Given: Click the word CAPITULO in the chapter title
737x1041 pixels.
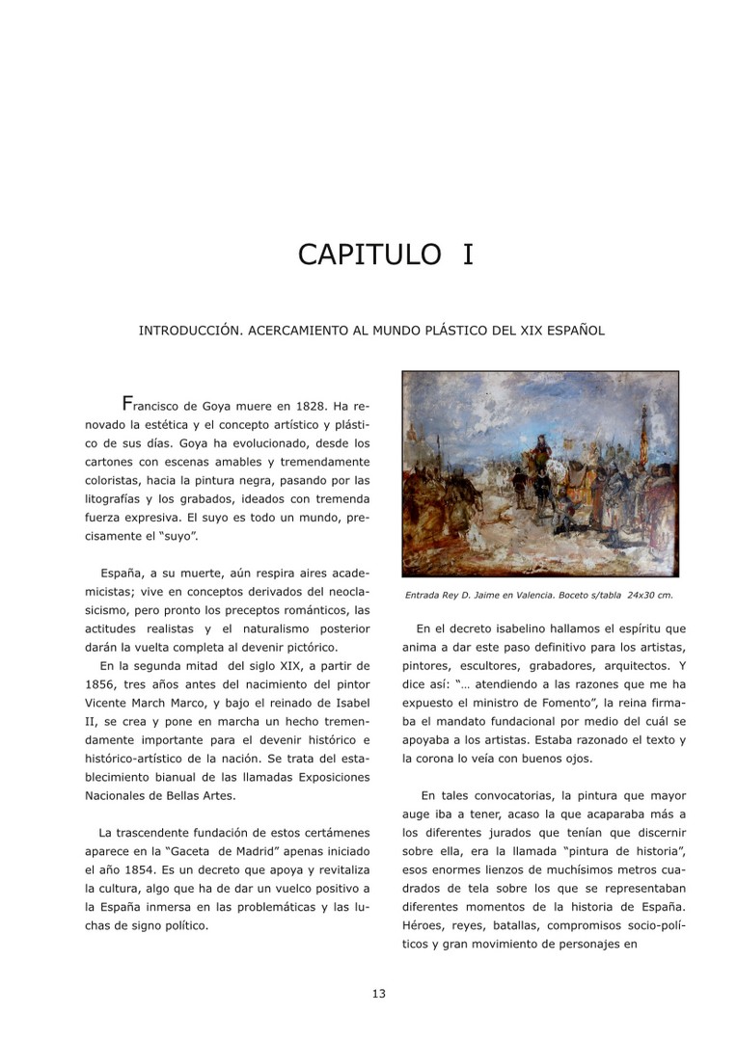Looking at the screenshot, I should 368,254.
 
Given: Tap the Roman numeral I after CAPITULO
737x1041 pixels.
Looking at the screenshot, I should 468,254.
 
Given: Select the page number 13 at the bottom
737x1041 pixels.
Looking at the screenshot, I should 379,994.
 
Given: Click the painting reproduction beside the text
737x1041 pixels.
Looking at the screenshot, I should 540,474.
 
